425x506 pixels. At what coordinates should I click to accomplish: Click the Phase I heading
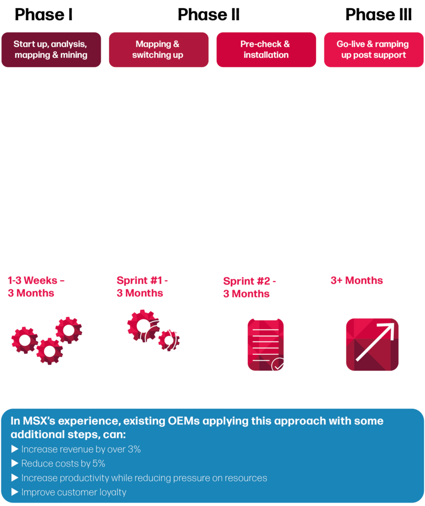pyautogui.click(x=43, y=14)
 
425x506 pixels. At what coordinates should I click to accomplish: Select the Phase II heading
pyautogui.click(x=209, y=14)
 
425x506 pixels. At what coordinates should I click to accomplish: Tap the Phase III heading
pyautogui.click(x=379, y=14)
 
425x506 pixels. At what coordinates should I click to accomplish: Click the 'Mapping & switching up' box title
pyautogui.click(x=158, y=49)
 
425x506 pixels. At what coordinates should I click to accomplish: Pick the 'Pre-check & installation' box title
pyautogui.click(x=265, y=49)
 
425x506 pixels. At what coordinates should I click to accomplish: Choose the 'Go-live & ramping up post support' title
pyautogui.click(x=373, y=49)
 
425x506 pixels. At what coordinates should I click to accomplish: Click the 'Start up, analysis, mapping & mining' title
pyautogui.click(x=50, y=49)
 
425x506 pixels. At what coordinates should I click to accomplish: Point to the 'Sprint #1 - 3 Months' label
pyautogui.click(x=142, y=287)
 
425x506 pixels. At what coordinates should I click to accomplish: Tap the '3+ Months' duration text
pyautogui.click(x=356, y=281)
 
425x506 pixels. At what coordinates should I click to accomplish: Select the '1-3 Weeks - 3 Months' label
pyautogui.click(x=36, y=287)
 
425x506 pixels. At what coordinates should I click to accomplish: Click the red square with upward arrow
pyautogui.click(x=372, y=344)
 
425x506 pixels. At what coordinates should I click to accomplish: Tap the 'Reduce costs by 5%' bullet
pyautogui.click(x=63, y=464)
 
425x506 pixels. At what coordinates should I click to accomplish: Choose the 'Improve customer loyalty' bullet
pyautogui.click(x=74, y=492)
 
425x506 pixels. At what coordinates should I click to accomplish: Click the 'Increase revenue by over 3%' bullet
pyautogui.click(x=81, y=449)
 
